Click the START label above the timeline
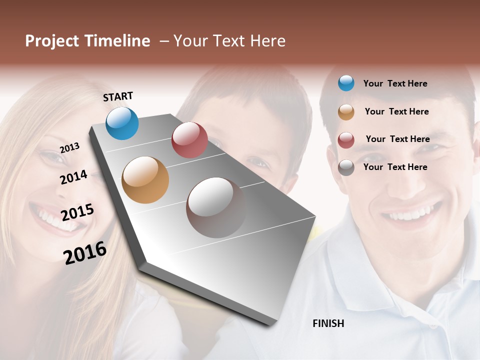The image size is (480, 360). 118,96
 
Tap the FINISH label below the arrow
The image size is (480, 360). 328,323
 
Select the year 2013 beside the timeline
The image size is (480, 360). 69,148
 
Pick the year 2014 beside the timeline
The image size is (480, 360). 73,177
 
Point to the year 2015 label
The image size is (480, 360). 77,212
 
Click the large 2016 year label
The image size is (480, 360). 85,252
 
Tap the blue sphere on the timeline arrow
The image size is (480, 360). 122,123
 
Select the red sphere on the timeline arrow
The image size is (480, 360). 189,139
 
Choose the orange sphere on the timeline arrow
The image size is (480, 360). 145,179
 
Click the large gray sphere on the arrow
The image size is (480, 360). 216,207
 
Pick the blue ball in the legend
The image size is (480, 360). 346,83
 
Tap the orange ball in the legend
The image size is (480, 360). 346,112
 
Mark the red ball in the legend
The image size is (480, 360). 346,139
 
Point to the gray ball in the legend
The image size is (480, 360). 346,167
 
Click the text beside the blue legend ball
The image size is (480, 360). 395,83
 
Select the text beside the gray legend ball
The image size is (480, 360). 395,167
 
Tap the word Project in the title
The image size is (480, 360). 51,41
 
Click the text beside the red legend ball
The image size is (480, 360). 397,139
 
